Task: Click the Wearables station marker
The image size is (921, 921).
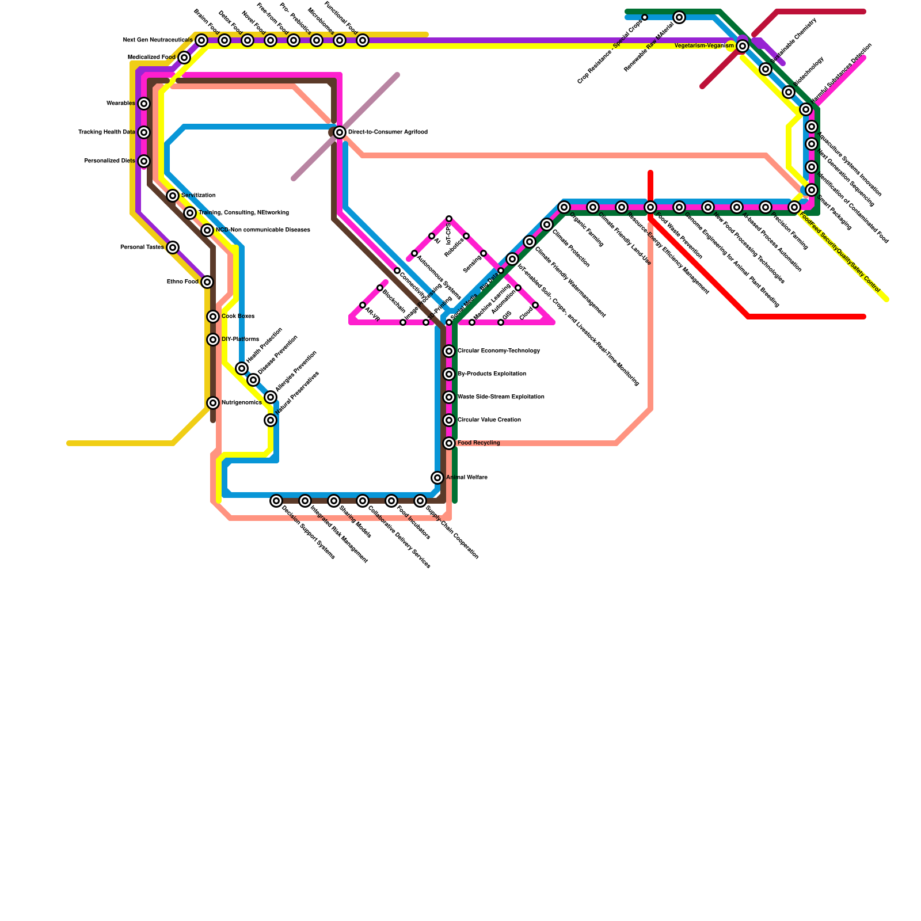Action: (x=144, y=104)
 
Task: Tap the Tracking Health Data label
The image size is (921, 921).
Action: (x=106, y=132)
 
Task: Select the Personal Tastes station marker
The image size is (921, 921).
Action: (x=173, y=248)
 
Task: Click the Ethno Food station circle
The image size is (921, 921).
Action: (x=207, y=282)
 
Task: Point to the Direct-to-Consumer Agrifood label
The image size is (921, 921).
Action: (x=387, y=132)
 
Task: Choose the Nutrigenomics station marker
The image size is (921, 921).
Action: (x=213, y=403)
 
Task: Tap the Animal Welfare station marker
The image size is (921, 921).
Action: (x=437, y=478)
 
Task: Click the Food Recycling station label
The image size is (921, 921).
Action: (x=478, y=443)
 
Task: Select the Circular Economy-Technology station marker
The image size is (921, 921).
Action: (x=449, y=351)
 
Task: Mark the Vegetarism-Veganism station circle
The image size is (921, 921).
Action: (x=743, y=46)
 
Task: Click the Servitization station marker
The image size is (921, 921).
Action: (x=173, y=196)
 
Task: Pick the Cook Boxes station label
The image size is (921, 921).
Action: (x=238, y=317)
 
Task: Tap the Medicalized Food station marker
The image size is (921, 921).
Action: (x=184, y=58)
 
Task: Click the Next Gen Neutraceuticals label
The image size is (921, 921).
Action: (x=158, y=40)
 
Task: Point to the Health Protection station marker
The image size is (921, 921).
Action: (x=242, y=368)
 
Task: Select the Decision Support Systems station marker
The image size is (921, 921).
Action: (x=276, y=501)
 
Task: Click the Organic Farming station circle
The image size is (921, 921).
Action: (x=564, y=207)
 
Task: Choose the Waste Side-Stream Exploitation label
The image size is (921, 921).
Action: (x=501, y=397)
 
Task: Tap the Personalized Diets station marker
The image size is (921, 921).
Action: (x=144, y=161)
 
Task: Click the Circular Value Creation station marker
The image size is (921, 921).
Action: (x=449, y=420)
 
